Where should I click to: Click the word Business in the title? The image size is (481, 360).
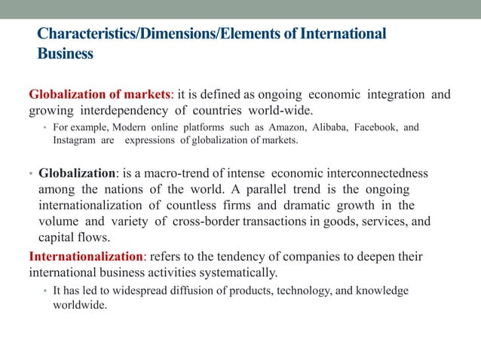pyautogui.click(x=65, y=54)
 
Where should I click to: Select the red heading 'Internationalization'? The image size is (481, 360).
pyautogui.click(x=81, y=257)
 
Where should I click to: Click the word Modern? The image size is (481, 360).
pyautogui.click(x=127, y=127)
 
